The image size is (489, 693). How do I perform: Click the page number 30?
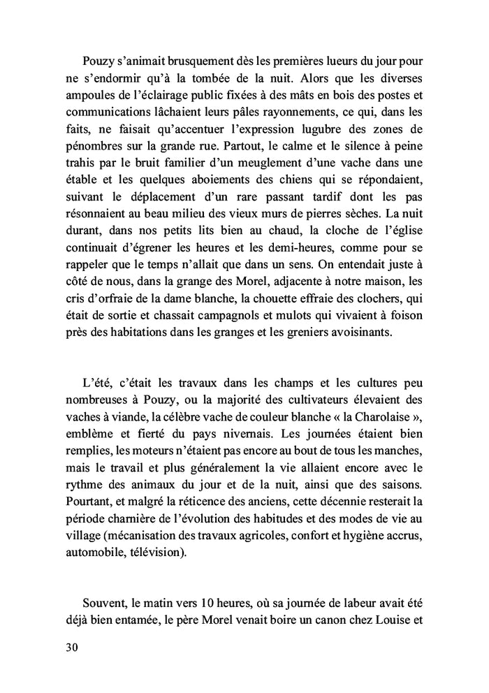[x=71, y=647]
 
